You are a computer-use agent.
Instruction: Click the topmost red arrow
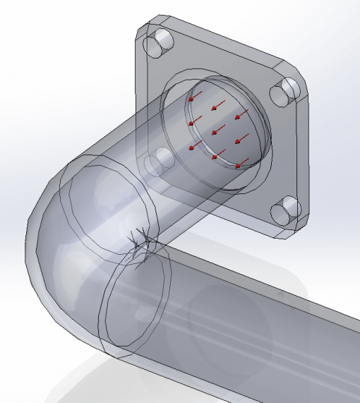(200, 95)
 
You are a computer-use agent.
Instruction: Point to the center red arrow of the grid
(217, 129)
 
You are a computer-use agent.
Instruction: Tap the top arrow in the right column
(242, 114)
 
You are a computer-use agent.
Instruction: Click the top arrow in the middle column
(219, 105)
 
